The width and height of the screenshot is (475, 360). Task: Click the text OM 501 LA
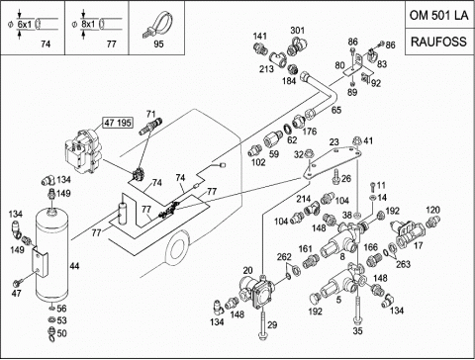click(x=438, y=15)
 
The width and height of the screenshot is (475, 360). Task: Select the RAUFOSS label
click(x=438, y=42)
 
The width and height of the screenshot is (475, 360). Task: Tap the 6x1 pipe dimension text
click(x=24, y=25)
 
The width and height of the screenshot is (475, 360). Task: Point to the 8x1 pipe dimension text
click(x=88, y=24)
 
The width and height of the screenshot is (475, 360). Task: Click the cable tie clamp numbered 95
click(x=156, y=24)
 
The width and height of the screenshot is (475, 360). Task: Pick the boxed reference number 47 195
click(x=118, y=123)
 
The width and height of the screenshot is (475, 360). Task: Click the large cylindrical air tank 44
click(x=51, y=254)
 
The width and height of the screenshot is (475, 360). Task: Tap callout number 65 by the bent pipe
click(x=336, y=110)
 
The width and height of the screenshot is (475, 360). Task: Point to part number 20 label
click(x=247, y=271)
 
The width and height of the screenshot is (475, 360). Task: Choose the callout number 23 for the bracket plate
click(x=334, y=141)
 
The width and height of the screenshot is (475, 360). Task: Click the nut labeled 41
click(x=357, y=140)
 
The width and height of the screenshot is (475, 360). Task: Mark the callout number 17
click(x=418, y=245)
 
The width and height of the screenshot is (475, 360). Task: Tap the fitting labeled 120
click(x=430, y=223)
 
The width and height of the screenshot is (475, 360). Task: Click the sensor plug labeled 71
click(x=150, y=128)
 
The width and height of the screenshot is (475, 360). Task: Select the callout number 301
click(x=297, y=31)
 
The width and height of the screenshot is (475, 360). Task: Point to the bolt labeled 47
click(x=18, y=283)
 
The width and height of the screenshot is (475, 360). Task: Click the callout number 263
click(x=403, y=264)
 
